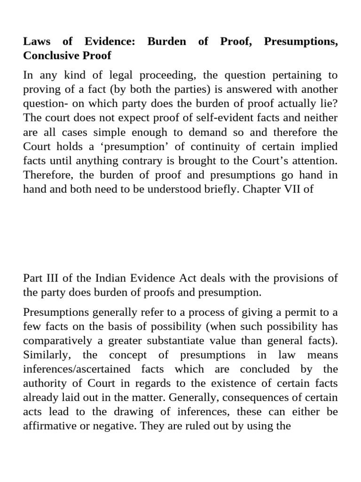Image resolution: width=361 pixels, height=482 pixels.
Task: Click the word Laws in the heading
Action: point(36,42)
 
